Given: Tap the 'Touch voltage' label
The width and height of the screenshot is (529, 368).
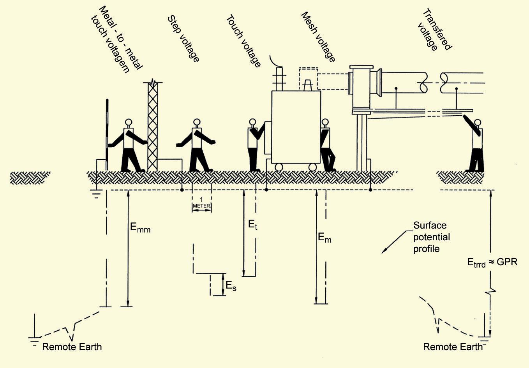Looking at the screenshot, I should [243, 41].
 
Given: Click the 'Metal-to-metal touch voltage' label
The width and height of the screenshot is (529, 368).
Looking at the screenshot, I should [115, 39].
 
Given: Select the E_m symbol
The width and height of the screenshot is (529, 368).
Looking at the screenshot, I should [324, 237].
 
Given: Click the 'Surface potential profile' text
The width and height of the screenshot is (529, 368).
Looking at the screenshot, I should [431, 237].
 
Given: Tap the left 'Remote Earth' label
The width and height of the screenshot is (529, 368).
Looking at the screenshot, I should [72, 347].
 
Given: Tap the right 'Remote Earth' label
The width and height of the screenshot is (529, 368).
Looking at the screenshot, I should [453, 347].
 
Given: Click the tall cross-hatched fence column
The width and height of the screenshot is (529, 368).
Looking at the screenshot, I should [152, 127].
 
